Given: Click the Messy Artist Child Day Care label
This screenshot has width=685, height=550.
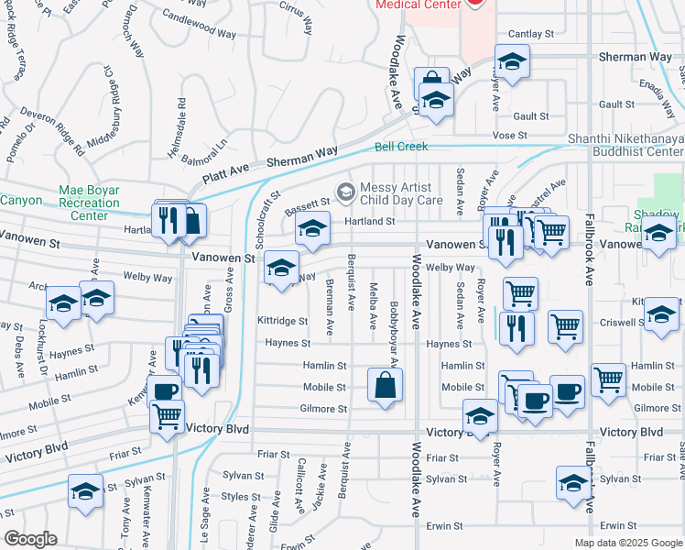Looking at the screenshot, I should coord(401,192).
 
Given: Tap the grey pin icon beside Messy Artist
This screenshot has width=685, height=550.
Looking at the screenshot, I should coord(345,191).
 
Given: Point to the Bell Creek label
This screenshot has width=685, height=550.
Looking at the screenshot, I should coord(401,147).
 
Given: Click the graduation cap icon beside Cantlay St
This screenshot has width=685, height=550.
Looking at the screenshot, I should coord(512,62).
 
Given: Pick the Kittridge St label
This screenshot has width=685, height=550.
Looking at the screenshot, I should coord(282,321).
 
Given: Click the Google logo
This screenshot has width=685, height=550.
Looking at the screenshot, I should coord(29,539).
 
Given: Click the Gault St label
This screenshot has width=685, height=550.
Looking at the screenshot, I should coord(530,116).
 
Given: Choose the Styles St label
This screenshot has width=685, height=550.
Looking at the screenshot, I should coord(236,497).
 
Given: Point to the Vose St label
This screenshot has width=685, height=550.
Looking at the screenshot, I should coord(504,135).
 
